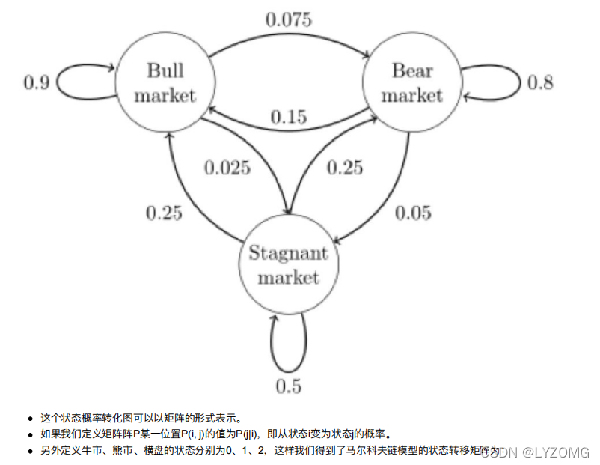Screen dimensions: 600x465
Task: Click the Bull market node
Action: [165, 82]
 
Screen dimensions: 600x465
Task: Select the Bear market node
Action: [412, 82]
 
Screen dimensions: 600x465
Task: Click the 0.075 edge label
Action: [288, 19]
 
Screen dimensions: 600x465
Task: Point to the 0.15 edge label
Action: [288, 118]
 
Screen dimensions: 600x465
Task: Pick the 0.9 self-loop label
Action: [37, 82]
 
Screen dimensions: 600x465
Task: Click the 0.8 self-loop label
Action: [540, 82]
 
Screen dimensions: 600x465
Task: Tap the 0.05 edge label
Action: [412, 213]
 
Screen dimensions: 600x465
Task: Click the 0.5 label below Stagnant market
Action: [288, 386]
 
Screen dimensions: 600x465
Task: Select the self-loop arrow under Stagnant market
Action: [288, 344]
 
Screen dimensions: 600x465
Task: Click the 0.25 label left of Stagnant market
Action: [163, 213]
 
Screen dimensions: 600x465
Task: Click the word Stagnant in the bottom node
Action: [288, 253]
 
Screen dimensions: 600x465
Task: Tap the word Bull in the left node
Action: [165, 71]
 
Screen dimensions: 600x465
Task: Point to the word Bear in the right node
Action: [412, 71]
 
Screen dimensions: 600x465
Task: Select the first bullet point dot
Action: [30, 418]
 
